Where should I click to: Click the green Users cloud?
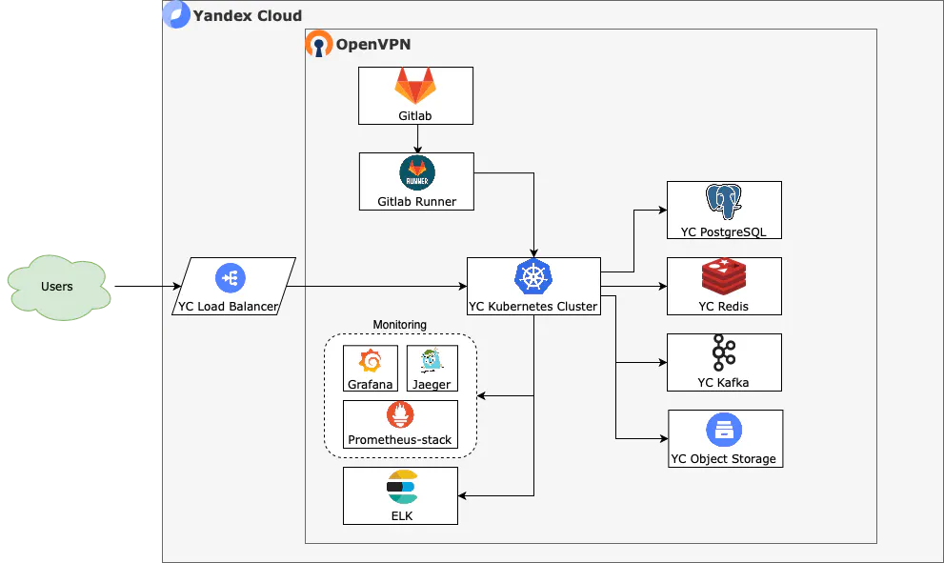57,286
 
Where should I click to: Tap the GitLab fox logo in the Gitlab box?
415,87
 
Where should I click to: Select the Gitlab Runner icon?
417,172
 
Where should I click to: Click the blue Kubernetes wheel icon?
533,277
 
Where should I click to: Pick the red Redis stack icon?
724,277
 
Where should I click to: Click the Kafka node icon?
724,353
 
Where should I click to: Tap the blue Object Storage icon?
724,430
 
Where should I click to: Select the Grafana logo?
370,362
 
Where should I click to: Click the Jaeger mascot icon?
432,362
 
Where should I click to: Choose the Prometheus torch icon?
400,416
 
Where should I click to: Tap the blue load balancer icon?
231,277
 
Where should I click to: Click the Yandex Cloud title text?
247,15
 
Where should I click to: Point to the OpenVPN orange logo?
319,44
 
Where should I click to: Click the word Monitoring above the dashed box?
400,325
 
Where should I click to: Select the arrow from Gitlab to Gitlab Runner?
417,138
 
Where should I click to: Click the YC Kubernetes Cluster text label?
533,307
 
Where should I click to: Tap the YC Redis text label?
723,307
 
